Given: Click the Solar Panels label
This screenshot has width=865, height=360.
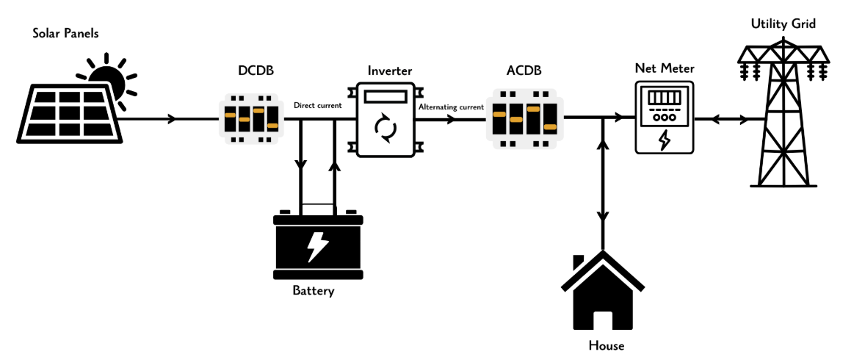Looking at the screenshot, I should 66,34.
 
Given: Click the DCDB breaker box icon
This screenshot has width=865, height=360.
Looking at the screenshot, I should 252,118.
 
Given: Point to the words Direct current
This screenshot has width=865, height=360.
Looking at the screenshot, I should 317,106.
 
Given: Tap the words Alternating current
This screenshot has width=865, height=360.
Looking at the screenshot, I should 451,107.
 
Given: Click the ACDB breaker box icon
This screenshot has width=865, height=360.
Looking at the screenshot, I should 524,118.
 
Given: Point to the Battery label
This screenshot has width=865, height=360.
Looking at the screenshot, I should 314,291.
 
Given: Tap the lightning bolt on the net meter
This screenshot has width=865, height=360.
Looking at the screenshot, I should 664,139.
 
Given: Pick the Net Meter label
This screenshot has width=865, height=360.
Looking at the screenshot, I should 664,68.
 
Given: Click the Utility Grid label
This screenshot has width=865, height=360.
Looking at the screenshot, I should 783,24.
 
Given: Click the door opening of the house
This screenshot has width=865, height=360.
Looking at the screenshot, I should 602,321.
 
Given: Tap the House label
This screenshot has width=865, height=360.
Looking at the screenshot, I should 607,346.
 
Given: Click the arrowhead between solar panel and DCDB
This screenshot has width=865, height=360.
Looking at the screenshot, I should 173,118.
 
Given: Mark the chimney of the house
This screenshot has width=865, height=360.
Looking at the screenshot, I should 579,262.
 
